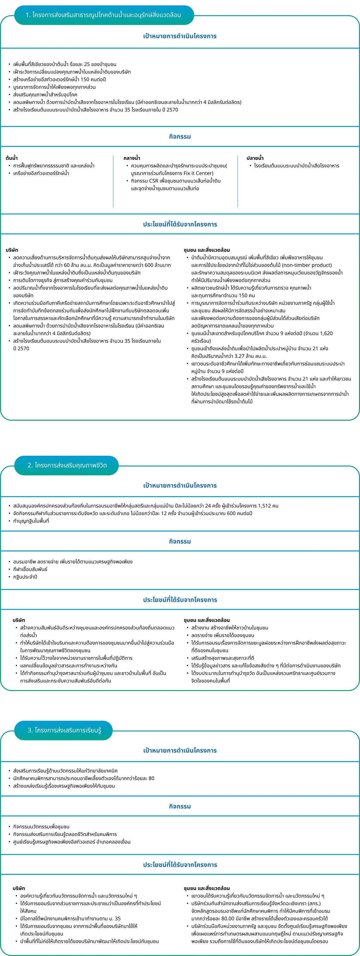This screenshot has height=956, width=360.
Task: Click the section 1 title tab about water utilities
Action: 104,15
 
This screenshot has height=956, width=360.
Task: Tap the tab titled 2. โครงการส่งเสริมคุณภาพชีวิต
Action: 67,465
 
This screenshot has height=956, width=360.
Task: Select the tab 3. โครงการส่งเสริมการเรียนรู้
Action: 64,730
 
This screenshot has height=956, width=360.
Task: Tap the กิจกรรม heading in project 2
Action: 180,541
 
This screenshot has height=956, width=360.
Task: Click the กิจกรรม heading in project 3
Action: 180,806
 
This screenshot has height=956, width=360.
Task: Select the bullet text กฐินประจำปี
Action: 25,577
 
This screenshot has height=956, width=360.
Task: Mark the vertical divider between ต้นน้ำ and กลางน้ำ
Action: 113,181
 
